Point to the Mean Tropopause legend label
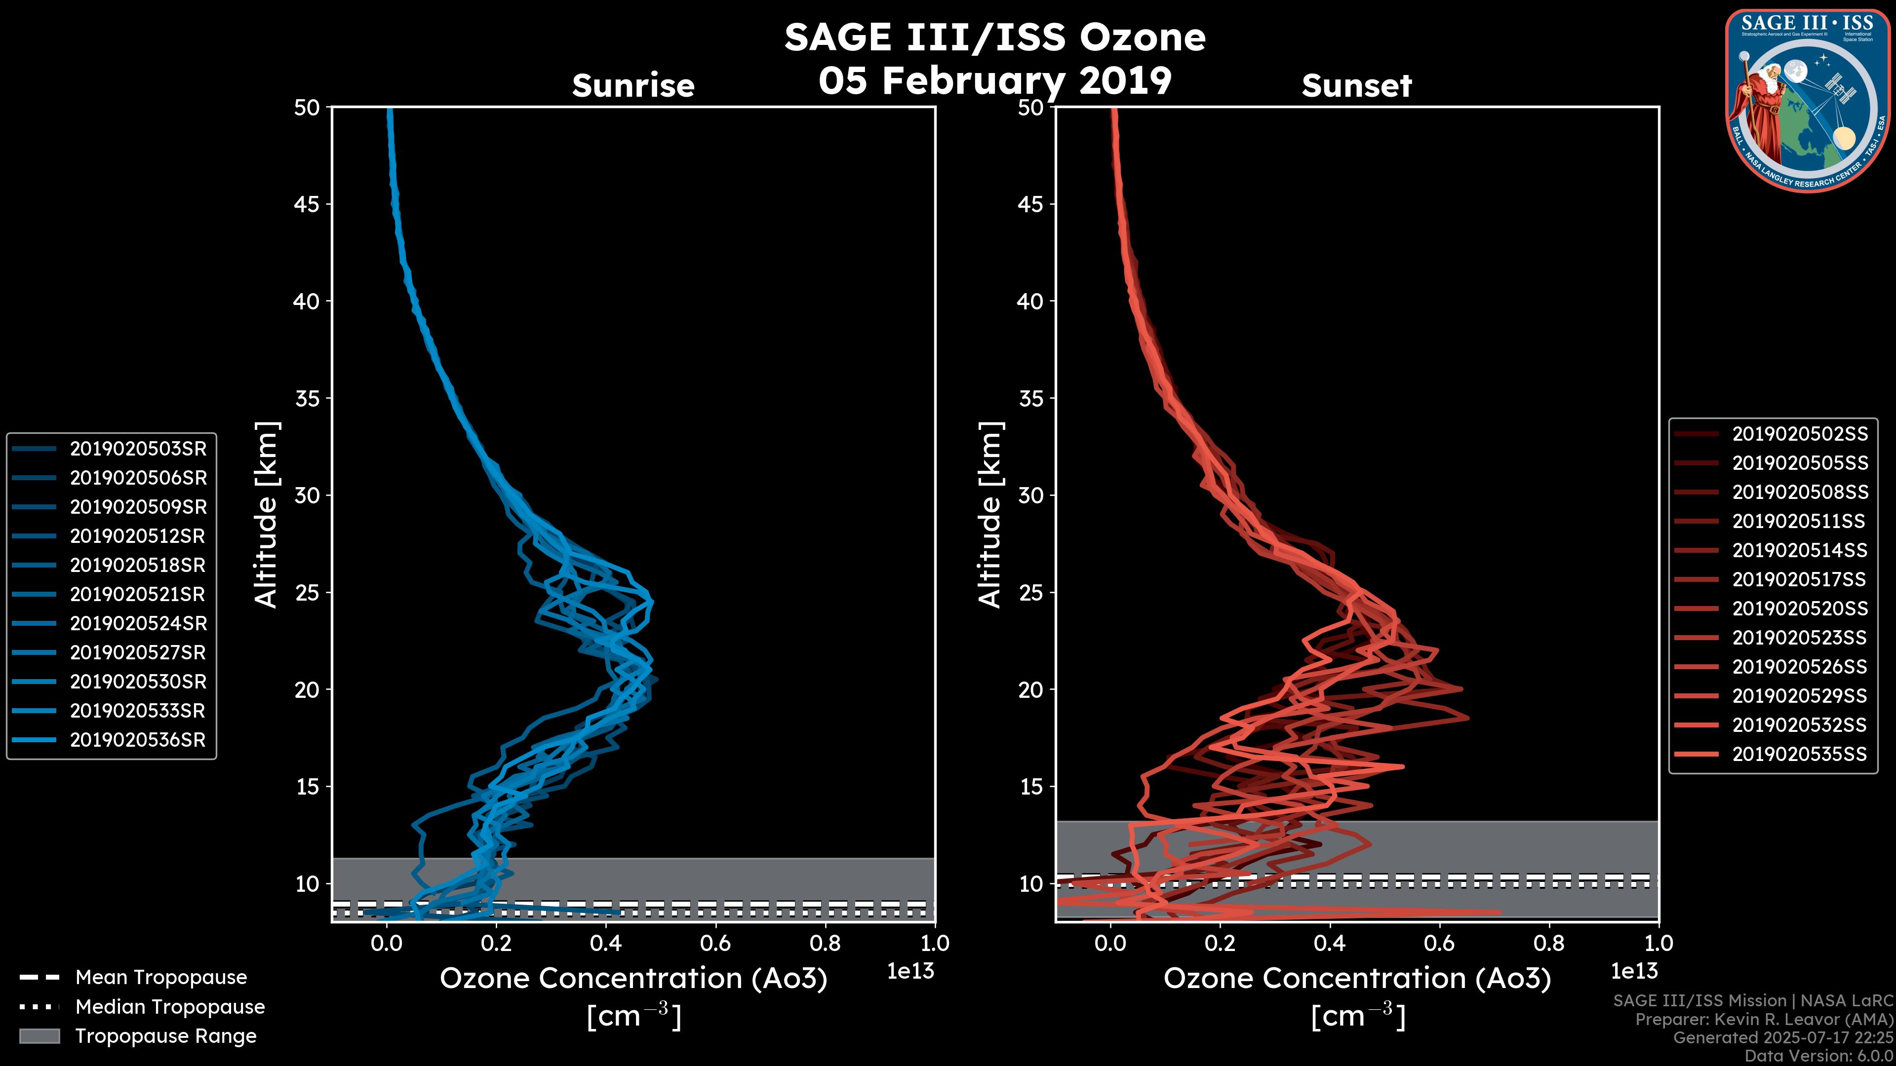pyautogui.click(x=161, y=977)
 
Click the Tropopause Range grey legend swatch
pyautogui.click(x=39, y=1036)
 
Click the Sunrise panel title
pyautogui.click(x=633, y=86)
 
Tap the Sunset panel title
pyautogui.click(x=1356, y=86)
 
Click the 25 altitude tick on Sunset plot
pyautogui.click(x=1030, y=592)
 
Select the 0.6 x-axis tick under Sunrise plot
pyautogui.click(x=715, y=943)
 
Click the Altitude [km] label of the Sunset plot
pyautogui.click(x=990, y=515)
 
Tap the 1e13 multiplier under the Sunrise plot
pyautogui.click(x=910, y=971)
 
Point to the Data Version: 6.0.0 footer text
pyautogui.click(x=1819, y=1057)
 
